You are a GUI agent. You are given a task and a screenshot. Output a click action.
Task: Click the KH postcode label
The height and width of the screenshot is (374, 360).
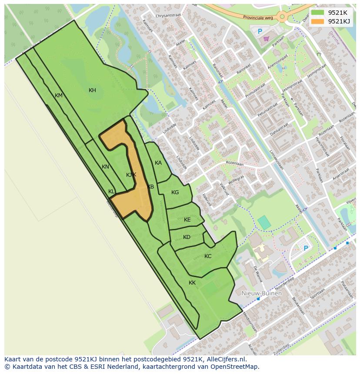click(92, 90)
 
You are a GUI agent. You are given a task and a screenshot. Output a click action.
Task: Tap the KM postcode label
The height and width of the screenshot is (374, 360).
click(59, 96)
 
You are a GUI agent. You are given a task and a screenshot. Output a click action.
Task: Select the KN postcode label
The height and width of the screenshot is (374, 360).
click(105, 167)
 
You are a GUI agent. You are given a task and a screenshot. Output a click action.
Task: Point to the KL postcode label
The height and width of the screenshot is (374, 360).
click(111, 192)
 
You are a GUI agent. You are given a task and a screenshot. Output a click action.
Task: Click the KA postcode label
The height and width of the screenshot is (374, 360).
click(158, 163)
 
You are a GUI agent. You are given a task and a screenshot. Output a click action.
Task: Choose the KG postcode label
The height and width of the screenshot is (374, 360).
click(175, 192)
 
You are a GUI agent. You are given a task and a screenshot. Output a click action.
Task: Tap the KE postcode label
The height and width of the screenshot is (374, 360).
click(187, 220)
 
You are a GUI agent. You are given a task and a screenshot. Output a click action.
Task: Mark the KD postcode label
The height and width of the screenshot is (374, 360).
click(187, 237)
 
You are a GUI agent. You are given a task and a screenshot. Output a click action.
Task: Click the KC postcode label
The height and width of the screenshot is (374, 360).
click(208, 256)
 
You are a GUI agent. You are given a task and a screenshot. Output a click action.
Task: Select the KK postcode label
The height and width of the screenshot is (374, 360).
click(192, 283)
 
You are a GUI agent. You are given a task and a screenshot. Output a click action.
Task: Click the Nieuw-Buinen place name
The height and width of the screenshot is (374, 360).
click(261, 293)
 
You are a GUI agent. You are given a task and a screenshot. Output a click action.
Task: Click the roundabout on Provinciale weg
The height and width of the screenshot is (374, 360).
click(282, 17)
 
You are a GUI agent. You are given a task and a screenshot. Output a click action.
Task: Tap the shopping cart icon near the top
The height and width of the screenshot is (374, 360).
click(266, 39)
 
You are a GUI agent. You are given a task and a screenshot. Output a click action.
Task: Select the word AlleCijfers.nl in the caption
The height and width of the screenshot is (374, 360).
click(227, 360)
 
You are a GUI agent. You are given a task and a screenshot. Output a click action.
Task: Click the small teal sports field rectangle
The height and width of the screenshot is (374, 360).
click(264, 223)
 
